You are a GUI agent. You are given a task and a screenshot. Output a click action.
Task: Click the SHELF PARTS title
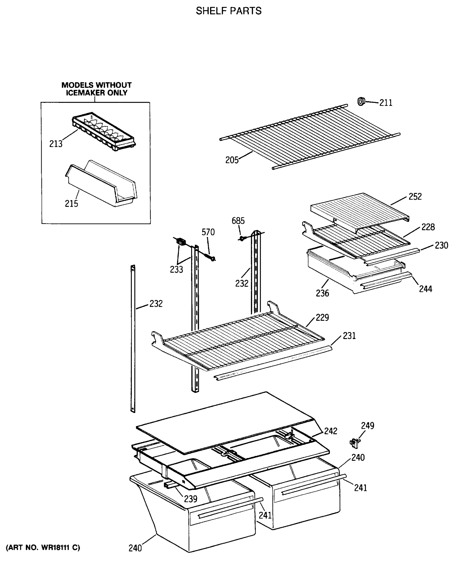[x=229, y=11]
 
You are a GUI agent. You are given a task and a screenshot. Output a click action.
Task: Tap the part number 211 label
[x=386, y=103]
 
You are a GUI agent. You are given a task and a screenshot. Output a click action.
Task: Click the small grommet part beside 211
[x=361, y=101]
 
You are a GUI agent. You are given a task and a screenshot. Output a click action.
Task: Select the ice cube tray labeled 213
[x=103, y=131]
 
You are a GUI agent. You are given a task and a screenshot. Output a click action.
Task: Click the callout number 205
[x=232, y=160]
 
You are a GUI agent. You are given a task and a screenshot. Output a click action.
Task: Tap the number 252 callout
[x=415, y=196]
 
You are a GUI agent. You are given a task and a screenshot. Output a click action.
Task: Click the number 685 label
[x=238, y=221]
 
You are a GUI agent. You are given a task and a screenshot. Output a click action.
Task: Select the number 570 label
[x=208, y=232]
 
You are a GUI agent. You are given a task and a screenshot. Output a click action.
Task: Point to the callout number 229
[x=322, y=318]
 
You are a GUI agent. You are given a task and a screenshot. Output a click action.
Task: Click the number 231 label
[x=349, y=336]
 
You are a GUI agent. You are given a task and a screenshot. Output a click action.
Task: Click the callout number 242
[x=331, y=431]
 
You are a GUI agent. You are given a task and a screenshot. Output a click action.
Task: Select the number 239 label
[x=190, y=499]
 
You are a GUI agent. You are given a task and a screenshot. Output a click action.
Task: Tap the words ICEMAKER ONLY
[x=97, y=93]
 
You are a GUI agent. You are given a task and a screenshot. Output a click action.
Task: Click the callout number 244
[x=425, y=289]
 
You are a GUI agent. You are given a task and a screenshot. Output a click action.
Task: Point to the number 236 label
[x=322, y=293]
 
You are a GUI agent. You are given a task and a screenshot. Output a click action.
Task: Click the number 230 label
[x=441, y=245]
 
